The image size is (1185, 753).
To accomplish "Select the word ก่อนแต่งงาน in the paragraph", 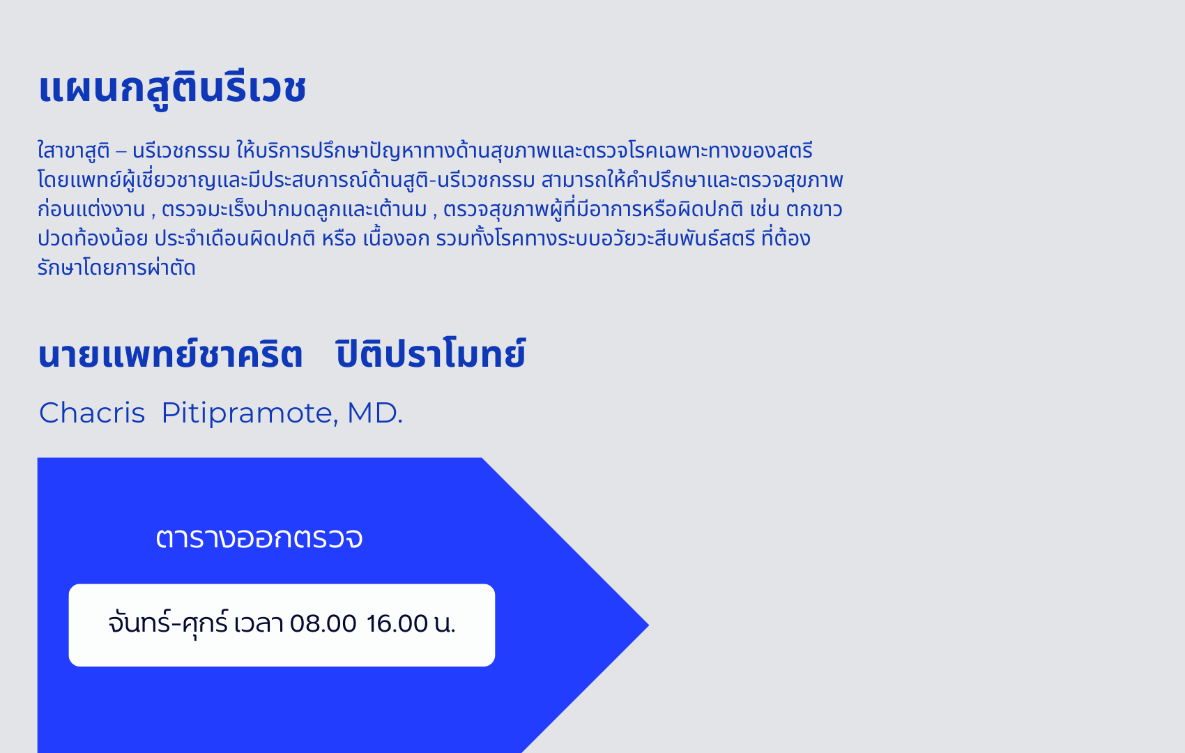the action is point(91,209).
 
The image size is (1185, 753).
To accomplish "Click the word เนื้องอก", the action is point(396,238).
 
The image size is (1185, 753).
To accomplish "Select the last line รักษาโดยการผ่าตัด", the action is point(116,267).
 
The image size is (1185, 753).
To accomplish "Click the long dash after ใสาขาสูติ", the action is point(121,151).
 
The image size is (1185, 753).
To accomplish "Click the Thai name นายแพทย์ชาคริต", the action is point(170,353).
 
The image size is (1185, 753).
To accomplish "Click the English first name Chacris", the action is point(92,413).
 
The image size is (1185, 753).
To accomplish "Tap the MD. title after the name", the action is point(374,413).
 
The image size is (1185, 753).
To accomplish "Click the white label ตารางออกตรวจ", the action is point(259,538).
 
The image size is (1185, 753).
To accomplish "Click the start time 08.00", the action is point(323,624).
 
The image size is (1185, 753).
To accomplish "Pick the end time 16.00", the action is point(397,624).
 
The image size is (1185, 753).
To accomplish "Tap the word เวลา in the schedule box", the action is point(259,624).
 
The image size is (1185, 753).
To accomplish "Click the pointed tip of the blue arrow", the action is point(648,625).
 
